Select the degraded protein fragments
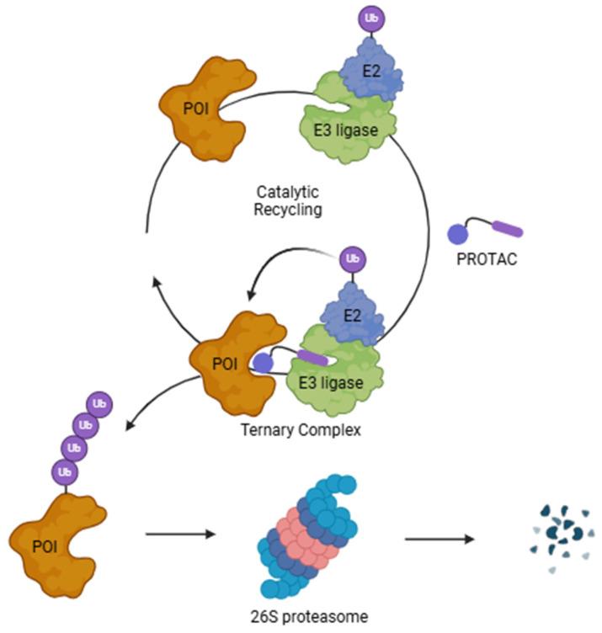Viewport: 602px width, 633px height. (x=562, y=535)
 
